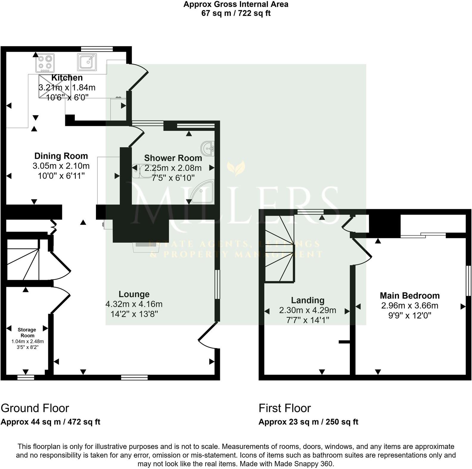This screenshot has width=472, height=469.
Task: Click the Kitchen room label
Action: pyautogui.click(x=67, y=78)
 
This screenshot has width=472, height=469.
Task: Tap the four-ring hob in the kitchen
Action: pyautogui.click(x=45, y=63)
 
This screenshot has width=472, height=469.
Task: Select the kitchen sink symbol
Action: pyautogui.click(x=87, y=62)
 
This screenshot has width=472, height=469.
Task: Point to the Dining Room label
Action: pyautogui.click(x=61, y=156)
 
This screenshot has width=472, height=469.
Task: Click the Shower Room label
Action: pyautogui.click(x=173, y=158)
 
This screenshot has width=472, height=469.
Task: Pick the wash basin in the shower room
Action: pyautogui.click(x=208, y=148)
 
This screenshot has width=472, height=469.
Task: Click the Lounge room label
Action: pyautogui.click(x=134, y=294)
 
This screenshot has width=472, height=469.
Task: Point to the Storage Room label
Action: pyautogui.click(x=27, y=333)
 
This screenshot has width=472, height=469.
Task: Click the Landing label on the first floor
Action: pyautogui.click(x=308, y=300)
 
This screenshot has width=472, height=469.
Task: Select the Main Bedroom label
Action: pyautogui.click(x=410, y=296)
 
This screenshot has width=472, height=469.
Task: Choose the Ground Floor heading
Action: pyautogui.click(x=35, y=408)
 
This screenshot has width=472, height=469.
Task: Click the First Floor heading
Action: pyautogui.click(x=285, y=408)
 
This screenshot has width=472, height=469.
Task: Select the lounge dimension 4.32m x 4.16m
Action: pyautogui.click(x=134, y=304)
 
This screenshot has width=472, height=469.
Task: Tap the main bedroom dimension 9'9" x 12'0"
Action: pyautogui.click(x=410, y=316)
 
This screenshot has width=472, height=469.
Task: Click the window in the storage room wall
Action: pyautogui.click(x=26, y=377)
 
